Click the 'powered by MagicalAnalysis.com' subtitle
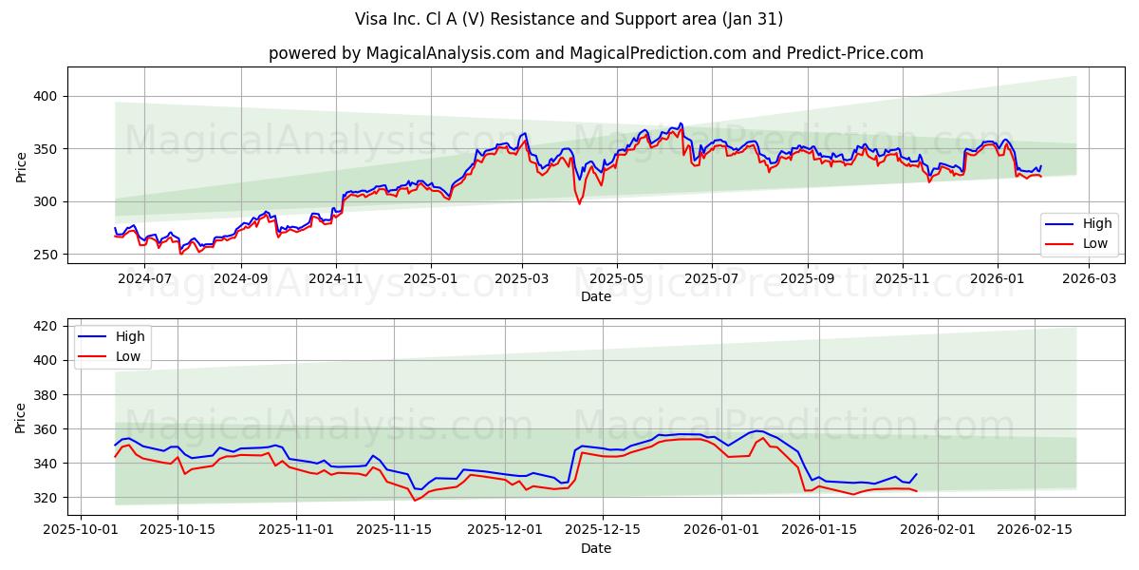click(x=595, y=53)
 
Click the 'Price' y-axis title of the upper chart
click(x=21, y=166)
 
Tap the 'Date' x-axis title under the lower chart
click(x=595, y=548)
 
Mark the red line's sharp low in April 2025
click(x=579, y=203)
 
